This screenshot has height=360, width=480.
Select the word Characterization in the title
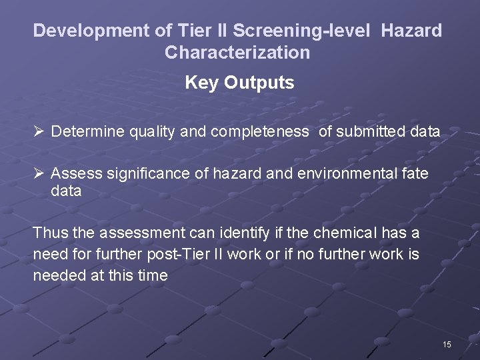237,52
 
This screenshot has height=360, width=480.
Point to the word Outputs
259,83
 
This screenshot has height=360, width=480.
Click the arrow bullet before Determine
39,131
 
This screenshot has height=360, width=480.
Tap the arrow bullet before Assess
39,174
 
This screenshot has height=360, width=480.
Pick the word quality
153,132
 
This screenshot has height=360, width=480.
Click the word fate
414,174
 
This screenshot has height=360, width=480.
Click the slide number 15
446,345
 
